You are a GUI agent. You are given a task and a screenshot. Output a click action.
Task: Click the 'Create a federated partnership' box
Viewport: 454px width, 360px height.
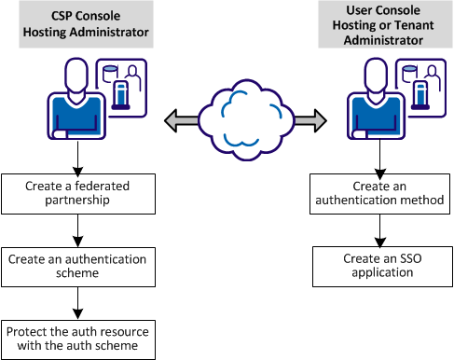point(76,191)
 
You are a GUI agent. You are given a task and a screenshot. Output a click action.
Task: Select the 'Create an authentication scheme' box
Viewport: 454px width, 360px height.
point(76,265)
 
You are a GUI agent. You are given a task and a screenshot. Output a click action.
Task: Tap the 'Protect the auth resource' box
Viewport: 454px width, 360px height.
point(76,339)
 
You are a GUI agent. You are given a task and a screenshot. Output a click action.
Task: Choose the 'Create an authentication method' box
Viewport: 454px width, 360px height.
point(379,191)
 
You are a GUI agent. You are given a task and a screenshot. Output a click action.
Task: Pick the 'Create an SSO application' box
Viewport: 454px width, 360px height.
point(379,265)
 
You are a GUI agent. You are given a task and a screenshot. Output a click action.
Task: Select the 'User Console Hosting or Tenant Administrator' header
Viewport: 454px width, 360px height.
point(379,25)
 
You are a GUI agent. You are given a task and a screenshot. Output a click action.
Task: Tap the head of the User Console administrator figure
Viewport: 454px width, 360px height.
point(369,74)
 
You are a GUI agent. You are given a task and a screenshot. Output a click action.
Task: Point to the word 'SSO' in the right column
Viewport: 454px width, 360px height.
point(393,257)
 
